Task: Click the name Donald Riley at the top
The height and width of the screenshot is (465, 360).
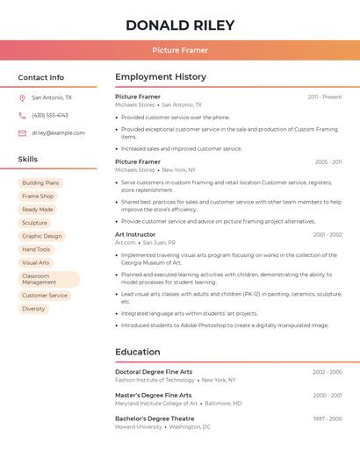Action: (x=179, y=25)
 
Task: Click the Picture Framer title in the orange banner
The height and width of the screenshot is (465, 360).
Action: (x=179, y=50)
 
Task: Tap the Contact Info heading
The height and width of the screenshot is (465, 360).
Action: (x=40, y=77)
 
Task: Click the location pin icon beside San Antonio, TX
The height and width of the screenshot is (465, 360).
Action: (x=22, y=98)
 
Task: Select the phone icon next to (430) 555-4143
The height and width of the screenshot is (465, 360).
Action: (x=22, y=116)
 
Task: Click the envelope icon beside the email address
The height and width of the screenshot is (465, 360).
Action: (x=22, y=133)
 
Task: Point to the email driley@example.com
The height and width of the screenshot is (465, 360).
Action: (x=58, y=133)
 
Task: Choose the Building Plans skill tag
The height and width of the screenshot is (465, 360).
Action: (x=40, y=183)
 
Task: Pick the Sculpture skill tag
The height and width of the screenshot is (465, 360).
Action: (x=34, y=223)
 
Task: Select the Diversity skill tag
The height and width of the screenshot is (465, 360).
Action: (x=33, y=309)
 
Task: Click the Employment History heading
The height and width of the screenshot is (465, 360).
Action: (x=161, y=77)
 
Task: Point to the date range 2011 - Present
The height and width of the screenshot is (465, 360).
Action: (x=325, y=97)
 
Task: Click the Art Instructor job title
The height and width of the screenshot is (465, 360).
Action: (x=135, y=234)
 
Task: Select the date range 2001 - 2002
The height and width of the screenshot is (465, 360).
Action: (x=328, y=234)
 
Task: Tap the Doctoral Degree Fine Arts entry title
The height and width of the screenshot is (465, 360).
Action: (x=154, y=372)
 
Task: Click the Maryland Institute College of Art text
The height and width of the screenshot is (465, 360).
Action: (x=156, y=404)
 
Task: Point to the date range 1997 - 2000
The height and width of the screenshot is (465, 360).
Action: (x=328, y=418)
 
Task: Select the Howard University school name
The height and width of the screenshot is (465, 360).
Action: (x=139, y=427)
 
